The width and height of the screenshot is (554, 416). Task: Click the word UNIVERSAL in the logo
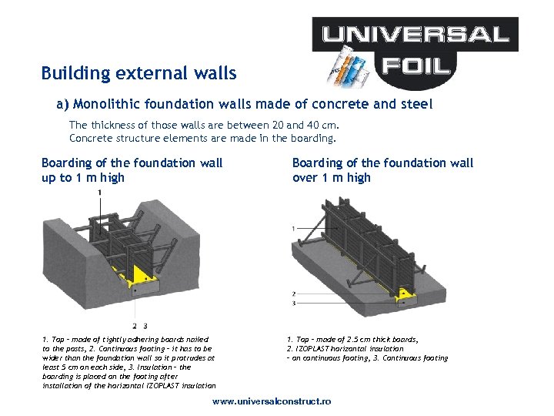coord(415,34)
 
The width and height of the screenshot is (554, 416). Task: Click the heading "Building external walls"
coord(138,74)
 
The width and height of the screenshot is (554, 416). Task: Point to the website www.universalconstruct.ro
coord(272,402)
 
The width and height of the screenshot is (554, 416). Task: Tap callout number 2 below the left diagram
coord(135,325)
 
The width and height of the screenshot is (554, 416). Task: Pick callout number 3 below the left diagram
coord(145,325)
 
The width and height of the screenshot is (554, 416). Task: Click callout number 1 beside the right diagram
coord(293,228)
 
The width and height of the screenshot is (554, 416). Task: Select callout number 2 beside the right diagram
coord(293,294)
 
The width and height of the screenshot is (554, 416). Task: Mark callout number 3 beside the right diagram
coord(293,303)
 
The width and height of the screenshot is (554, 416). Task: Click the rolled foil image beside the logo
coord(348,65)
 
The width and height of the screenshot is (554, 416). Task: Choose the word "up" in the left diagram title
coord(49,178)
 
